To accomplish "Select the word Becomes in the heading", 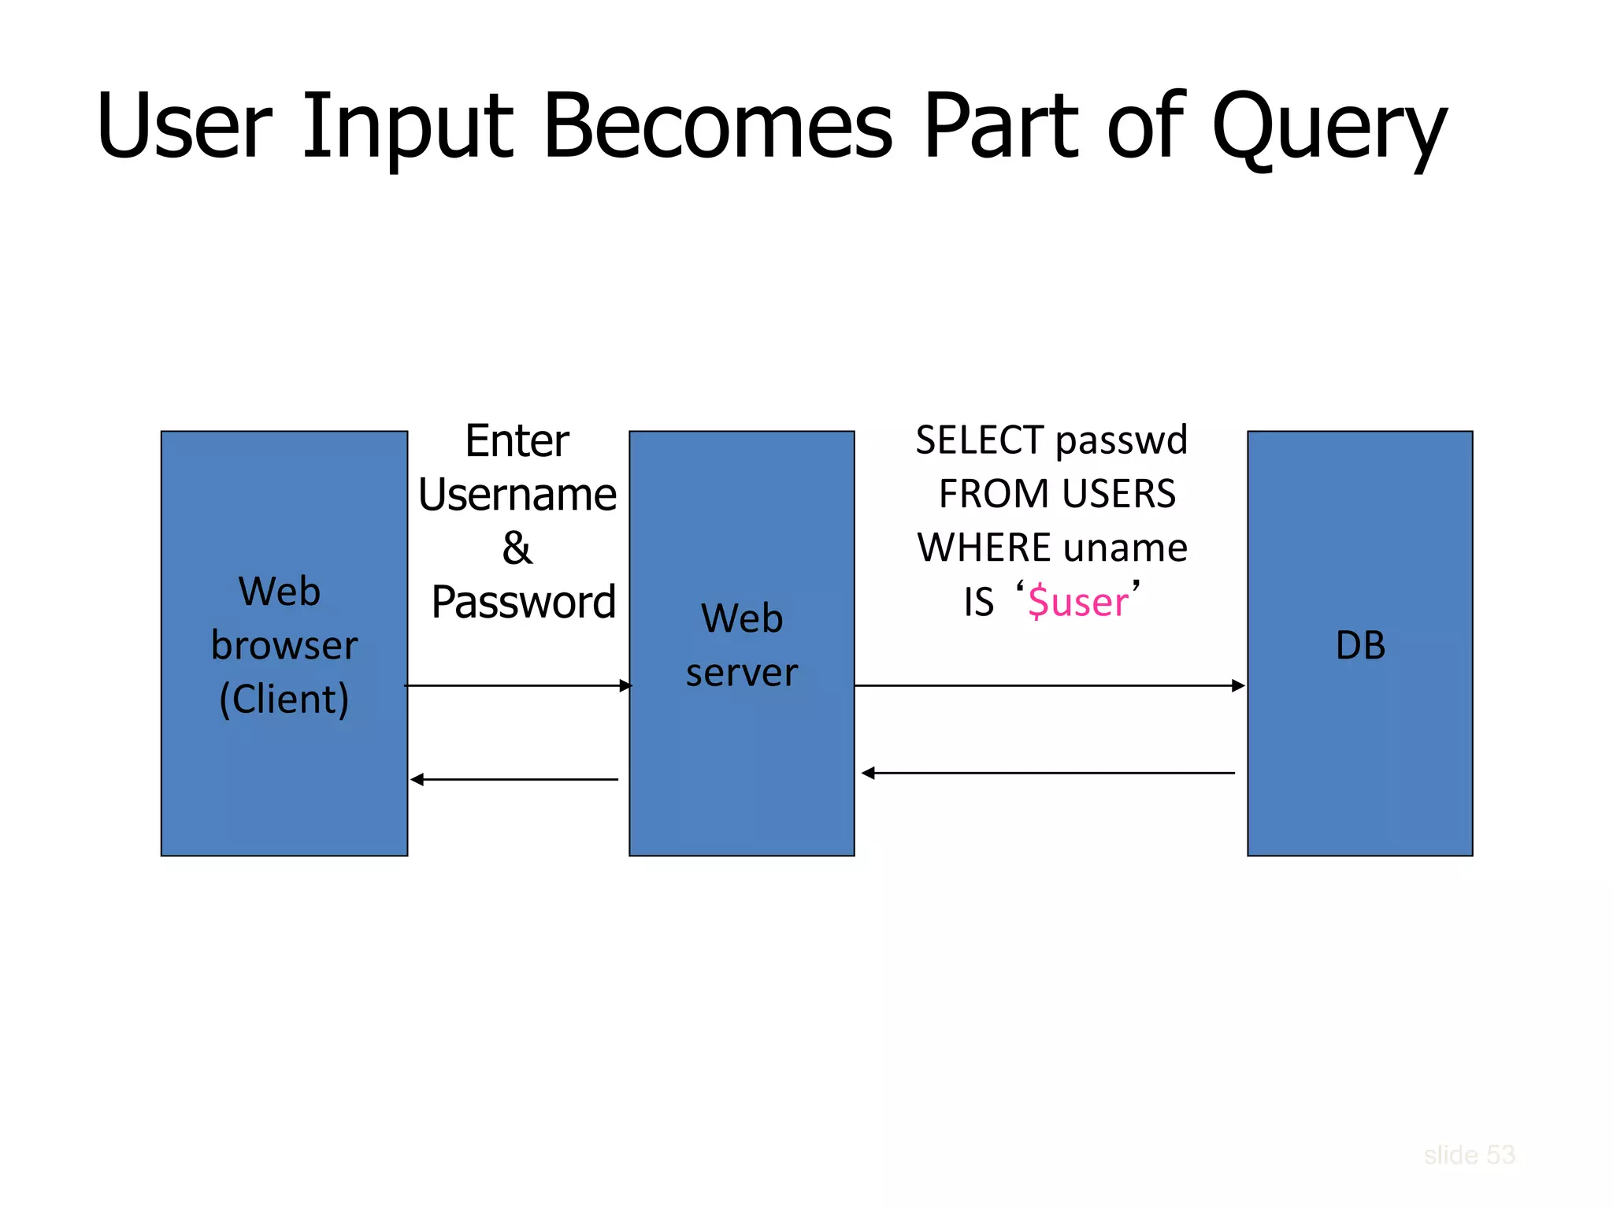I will point(718,126).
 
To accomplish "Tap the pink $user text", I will point(1078,603).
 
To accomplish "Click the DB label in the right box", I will point(1360,645).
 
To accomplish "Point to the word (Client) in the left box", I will point(284,700).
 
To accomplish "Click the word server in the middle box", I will point(741,673).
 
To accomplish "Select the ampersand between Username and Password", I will point(517,548).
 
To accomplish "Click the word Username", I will point(517,495).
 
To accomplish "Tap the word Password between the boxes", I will point(523,603).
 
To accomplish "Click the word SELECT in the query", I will point(979,440).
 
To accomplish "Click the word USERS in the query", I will point(1118,495).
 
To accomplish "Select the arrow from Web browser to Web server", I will point(517,685).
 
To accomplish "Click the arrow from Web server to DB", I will point(1049,685).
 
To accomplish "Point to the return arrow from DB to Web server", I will point(1049,773).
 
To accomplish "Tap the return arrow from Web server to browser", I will point(515,779).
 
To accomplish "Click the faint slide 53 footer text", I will point(1469,1155).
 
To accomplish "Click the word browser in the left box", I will point(284,646).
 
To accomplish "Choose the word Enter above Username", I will point(517,441).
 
